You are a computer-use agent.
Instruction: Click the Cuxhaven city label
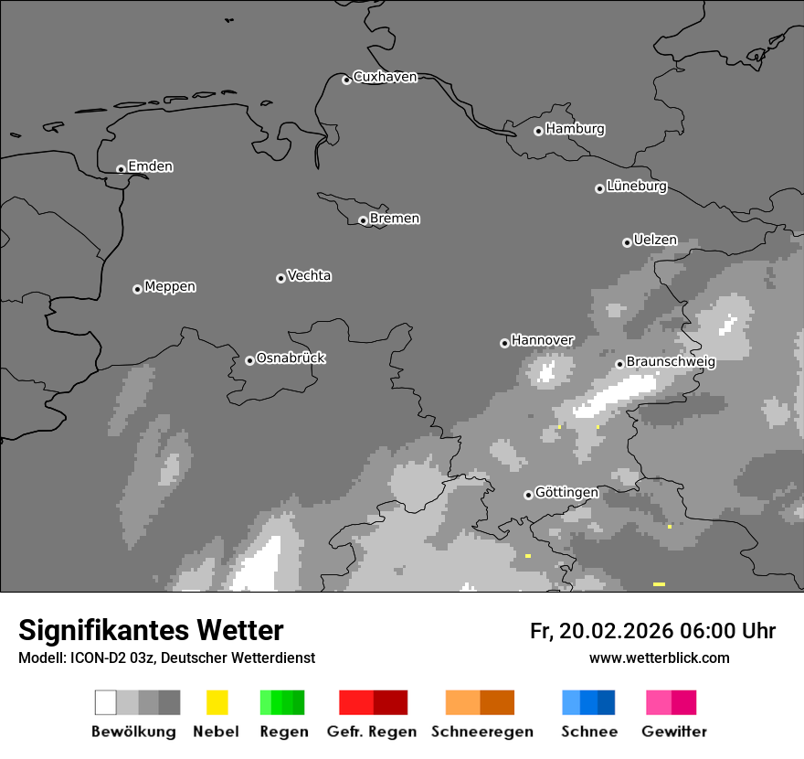[385, 77]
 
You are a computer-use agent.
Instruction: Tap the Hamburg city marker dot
[538, 131]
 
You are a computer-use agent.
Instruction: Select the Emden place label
[150, 166]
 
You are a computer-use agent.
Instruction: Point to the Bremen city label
[395, 219]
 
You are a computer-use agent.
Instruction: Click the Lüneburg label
[637, 187]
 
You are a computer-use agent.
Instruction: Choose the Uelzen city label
[655, 241]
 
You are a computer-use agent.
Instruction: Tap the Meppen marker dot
[137, 289]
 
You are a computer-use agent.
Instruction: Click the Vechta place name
[309, 276]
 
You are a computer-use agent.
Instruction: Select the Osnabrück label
[291, 358]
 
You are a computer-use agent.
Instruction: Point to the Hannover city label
[543, 340]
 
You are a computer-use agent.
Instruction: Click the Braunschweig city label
[671, 362]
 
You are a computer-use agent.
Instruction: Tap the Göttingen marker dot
[528, 495]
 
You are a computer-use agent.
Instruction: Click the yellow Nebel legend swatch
[217, 702]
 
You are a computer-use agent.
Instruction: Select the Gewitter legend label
[674, 732]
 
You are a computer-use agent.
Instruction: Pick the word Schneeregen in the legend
[482, 732]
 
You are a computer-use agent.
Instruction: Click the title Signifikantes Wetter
[151, 630]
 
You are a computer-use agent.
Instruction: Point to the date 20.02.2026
[616, 631]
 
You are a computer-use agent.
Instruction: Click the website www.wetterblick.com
[659, 657]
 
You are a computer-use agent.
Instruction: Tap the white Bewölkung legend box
[106, 702]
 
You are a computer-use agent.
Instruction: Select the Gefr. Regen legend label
[371, 732]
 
